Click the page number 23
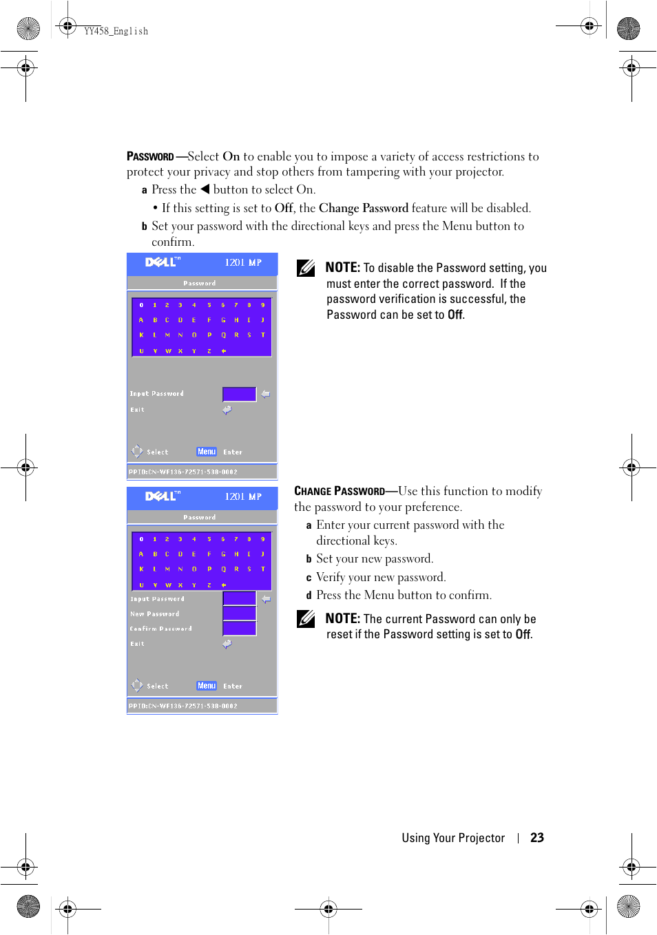[537, 837]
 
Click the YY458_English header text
[116, 31]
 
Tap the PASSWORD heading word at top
[150, 156]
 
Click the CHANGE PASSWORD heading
[340, 491]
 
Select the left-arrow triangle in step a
[205, 189]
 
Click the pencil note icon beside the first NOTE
[306, 268]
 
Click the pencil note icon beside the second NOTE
[306, 618]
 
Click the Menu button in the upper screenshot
[207, 452]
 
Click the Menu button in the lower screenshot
[207, 686]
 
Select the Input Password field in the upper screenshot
[239, 394]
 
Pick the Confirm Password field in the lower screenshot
[239, 628]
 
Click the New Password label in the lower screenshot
[155, 614]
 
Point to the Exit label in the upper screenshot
[138, 410]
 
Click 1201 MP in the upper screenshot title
[243, 262]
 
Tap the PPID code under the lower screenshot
[183, 706]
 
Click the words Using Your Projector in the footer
[453, 838]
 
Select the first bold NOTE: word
[342, 268]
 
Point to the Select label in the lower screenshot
[157, 686]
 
